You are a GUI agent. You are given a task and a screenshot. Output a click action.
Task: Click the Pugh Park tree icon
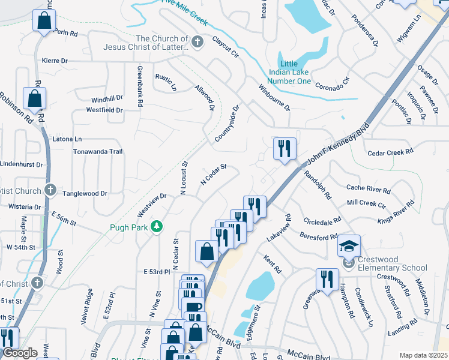pyautogui.click(x=157, y=227)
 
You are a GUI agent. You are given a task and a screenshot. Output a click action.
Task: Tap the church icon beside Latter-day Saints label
pyautogui.click(x=199, y=41)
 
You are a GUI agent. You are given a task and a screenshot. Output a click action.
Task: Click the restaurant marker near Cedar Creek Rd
pyautogui.click(x=285, y=148)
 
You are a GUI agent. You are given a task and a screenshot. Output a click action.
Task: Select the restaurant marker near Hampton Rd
pyautogui.click(x=327, y=279)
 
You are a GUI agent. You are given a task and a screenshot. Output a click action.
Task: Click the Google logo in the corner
pyautogui.click(x=19, y=353)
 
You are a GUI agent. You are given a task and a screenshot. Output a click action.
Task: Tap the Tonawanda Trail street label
pyautogui.click(x=97, y=152)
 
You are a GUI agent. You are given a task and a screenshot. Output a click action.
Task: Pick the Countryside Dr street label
pyautogui.click(x=227, y=124)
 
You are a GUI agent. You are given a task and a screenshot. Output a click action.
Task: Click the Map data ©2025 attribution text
pyautogui.click(x=423, y=355)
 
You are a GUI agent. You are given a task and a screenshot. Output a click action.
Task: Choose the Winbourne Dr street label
pyautogui.click(x=274, y=98)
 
